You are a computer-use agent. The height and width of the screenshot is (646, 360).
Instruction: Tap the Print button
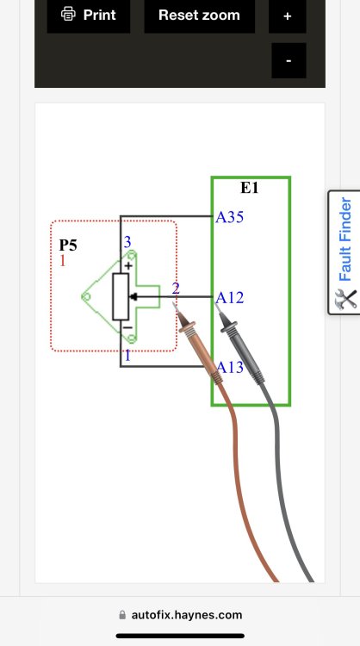pyautogui.click(x=89, y=16)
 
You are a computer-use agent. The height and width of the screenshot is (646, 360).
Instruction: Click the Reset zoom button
pyautogui.click(x=199, y=16)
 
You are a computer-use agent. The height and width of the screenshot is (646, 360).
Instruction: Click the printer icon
pyautogui.click(x=68, y=15)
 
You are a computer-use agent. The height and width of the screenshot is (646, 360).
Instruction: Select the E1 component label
pyautogui.click(x=249, y=188)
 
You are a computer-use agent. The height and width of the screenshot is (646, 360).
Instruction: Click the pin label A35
pyautogui.click(x=229, y=217)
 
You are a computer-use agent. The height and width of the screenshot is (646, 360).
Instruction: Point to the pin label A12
pyautogui.click(x=229, y=297)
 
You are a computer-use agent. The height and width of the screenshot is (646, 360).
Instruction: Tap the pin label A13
pyautogui.click(x=230, y=367)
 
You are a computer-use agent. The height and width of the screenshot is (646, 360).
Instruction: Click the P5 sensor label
pyautogui.click(x=68, y=245)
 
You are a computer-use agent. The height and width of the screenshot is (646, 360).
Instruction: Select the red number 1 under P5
pyautogui.click(x=63, y=260)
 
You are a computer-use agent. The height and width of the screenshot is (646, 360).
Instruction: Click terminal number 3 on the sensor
pyautogui.click(x=127, y=242)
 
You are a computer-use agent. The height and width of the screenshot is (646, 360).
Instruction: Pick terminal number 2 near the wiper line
pyautogui.click(x=176, y=289)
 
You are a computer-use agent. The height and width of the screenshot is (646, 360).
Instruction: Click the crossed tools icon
pyautogui.click(x=345, y=299)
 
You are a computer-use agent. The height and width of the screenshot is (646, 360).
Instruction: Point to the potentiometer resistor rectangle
pyautogui.click(x=121, y=296)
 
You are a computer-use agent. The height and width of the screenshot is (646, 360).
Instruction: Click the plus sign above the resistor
pyautogui.click(x=128, y=266)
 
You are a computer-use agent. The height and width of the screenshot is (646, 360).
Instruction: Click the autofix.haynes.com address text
pyautogui.click(x=187, y=615)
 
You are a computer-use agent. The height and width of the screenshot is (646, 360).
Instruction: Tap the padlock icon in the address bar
pyautogui.click(x=122, y=615)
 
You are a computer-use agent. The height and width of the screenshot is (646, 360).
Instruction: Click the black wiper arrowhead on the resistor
pyautogui.click(x=133, y=296)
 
